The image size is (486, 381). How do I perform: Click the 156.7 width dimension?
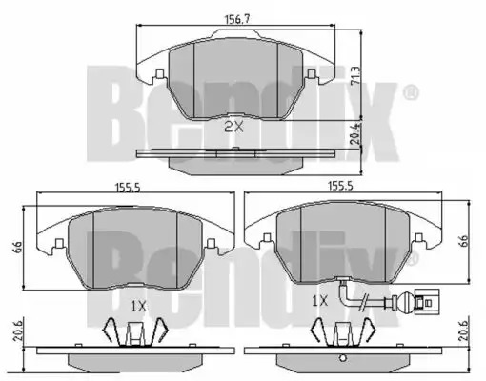tap(237, 19)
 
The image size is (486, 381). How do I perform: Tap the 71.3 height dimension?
tap(356, 75)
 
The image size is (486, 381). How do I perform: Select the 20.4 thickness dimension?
tap(356, 134)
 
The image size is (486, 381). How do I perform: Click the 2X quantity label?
tap(233, 128)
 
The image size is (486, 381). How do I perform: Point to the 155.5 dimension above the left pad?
tap(128, 188)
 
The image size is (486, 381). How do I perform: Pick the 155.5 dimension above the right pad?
tap(340, 186)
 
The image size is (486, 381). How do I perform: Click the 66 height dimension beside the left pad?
tap(18, 247)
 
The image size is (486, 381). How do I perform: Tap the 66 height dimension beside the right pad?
tap(463, 240)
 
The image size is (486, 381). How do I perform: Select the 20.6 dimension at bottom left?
tap(18, 331)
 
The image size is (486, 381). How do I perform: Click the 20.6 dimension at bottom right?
tap(465, 331)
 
